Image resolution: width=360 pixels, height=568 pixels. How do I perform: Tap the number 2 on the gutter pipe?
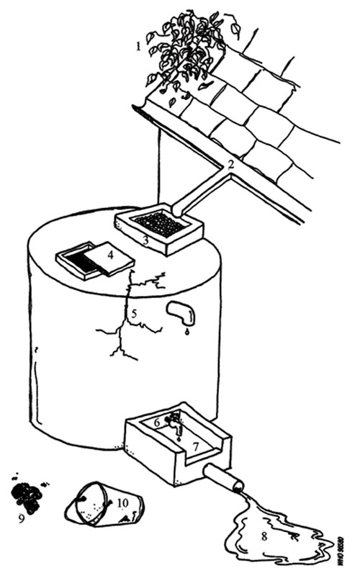click(230, 164)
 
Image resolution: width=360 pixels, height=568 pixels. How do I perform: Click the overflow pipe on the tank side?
click(181, 312)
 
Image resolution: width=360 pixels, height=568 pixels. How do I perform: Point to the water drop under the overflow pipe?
click(186, 332)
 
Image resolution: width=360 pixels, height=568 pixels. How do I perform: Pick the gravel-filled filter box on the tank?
click(160, 226)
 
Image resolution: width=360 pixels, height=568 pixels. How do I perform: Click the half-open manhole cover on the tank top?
click(94, 258)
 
